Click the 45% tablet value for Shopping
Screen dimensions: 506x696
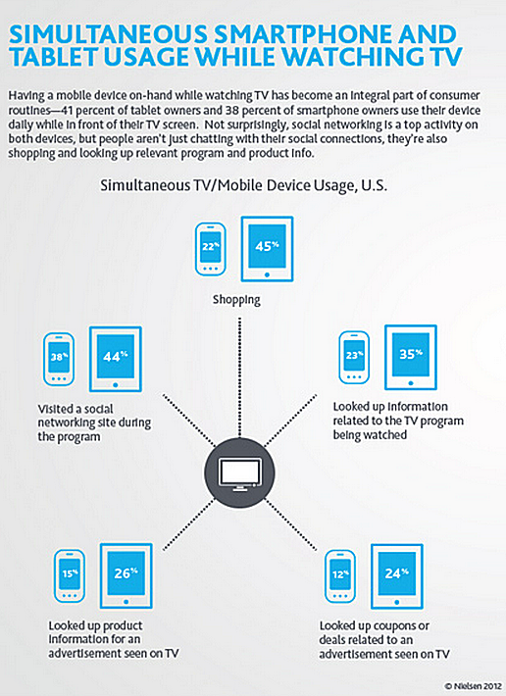click(x=267, y=245)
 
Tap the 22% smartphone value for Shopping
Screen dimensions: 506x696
click(x=211, y=246)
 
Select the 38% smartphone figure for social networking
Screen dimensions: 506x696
click(x=59, y=356)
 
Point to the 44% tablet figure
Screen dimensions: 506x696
click(x=116, y=356)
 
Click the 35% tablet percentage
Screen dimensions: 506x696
click(x=411, y=354)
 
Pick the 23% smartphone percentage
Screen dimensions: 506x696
click(x=354, y=355)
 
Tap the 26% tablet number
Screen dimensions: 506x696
click(x=126, y=573)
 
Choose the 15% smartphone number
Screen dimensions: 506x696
click(x=70, y=573)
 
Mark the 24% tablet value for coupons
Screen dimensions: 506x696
click(x=397, y=573)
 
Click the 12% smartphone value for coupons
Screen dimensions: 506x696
click(x=340, y=573)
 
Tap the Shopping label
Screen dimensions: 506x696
click(x=236, y=300)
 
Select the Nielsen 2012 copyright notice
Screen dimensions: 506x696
click(x=473, y=686)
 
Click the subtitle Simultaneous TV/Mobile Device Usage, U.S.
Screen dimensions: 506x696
click(x=243, y=185)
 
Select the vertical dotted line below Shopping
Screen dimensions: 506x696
click(x=239, y=376)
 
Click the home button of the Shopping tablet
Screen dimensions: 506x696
click(x=267, y=275)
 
